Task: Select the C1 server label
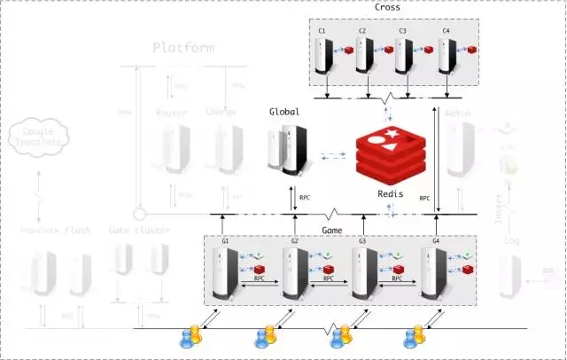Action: point(322,31)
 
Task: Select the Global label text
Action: point(284,113)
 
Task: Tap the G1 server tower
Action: point(225,271)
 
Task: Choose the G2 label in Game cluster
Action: point(294,241)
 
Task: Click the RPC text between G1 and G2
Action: point(257,278)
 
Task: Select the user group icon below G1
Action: point(191,336)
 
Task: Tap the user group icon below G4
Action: point(415,336)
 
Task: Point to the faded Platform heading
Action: point(183,47)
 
